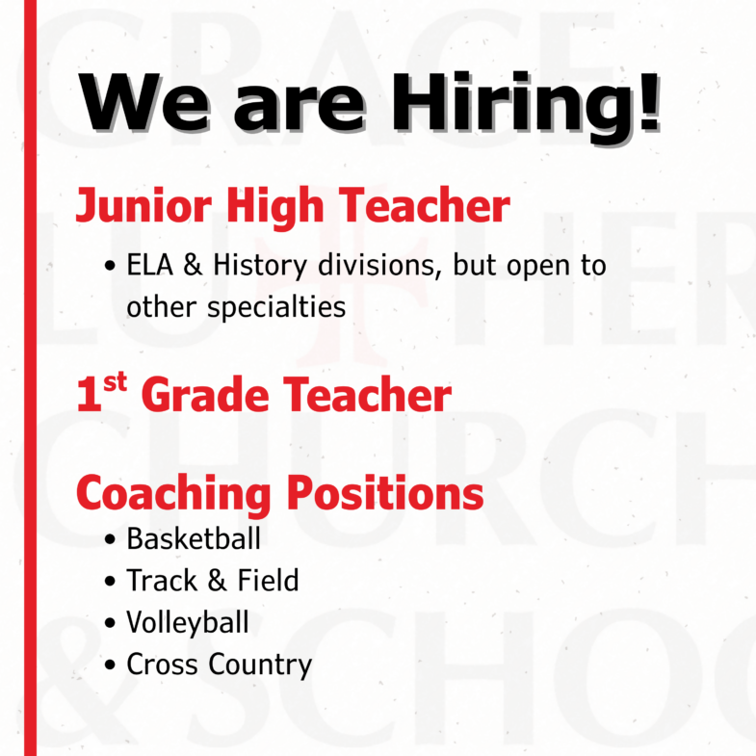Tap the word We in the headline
coord(144,102)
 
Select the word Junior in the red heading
coord(143,206)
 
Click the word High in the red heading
coord(274,206)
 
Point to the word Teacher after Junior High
coord(425,204)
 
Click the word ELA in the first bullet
coord(149,265)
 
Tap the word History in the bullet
coord(260,266)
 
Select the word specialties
coord(276,307)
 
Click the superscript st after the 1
coord(115,382)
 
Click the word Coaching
coord(173,493)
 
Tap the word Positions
coord(385,492)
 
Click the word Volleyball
coord(188,622)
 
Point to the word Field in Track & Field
coord(268,580)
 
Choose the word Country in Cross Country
coord(260,665)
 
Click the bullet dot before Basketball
coord(110,539)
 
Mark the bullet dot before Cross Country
coord(110,665)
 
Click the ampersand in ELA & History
coord(193,265)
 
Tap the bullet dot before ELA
coord(110,266)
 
